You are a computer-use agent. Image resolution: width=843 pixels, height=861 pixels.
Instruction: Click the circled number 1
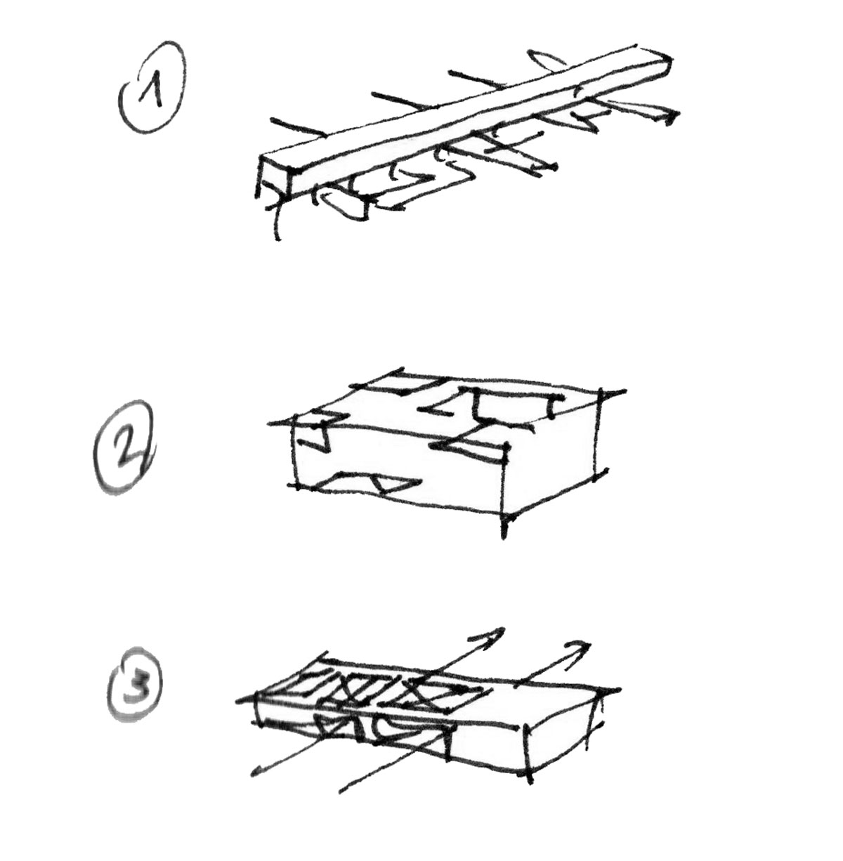click(152, 87)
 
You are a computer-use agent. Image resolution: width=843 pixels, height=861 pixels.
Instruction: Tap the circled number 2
click(124, 447)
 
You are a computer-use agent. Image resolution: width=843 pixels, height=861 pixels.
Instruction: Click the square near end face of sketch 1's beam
click(273, 178)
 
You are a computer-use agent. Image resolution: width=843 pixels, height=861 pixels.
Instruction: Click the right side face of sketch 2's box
click(552, 452)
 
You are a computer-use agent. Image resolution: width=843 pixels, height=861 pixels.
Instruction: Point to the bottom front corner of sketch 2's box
click(504, 515)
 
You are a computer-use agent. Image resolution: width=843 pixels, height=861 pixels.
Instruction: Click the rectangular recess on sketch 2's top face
click(514, 407)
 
